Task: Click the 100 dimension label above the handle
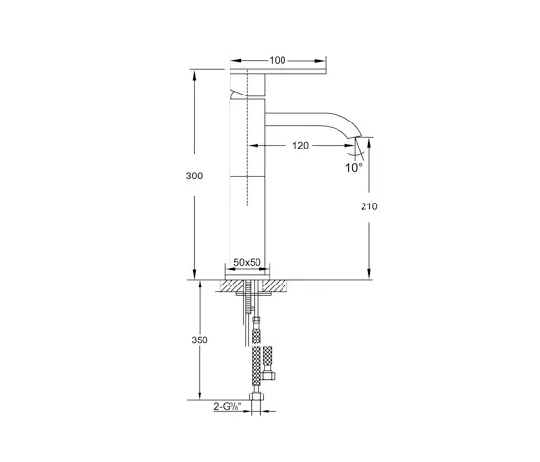pos(277,60)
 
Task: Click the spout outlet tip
pos(360,146)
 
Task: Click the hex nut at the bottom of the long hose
pos(257,397)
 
